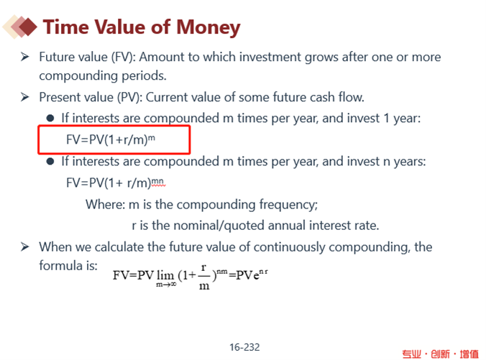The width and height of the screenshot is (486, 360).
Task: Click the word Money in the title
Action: click(208, 28)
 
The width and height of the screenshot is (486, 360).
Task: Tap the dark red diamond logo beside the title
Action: click(27, 27)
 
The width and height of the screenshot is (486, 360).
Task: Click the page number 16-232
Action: click(244, 347)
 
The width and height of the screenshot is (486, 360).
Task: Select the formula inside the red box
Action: click(110, 139)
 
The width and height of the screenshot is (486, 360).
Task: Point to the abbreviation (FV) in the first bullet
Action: click(124, 57)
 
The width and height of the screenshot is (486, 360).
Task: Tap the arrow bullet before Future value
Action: click(24, 57)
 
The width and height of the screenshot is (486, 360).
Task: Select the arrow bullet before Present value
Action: click(24, 97)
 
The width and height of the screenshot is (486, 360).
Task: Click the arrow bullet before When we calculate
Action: click(24, 247)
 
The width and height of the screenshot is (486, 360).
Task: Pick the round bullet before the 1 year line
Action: click(50, 118)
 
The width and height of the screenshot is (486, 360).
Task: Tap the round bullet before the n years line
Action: click(50, 162)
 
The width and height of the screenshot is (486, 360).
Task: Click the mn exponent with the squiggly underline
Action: click(158, 182)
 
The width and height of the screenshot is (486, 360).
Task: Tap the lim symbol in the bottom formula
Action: click(165, 275)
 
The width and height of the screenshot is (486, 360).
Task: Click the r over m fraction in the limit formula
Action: click(203, 277)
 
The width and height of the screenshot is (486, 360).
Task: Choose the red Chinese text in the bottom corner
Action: click(441, 354)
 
